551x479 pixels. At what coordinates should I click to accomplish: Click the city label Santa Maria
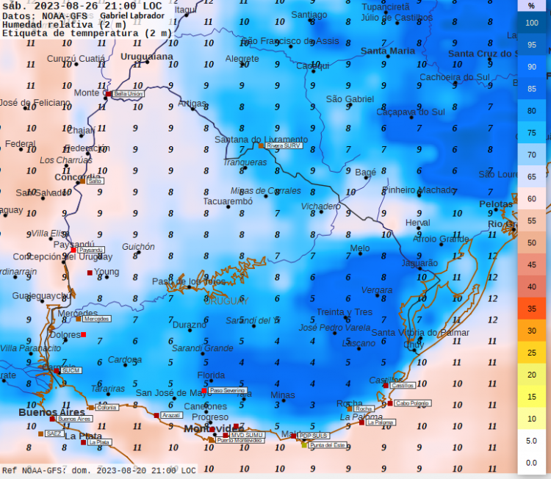(x=387, y=51)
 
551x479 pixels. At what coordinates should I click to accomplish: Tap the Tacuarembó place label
(x=228, y=201)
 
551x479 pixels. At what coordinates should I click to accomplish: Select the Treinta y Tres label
(x=344, y=311)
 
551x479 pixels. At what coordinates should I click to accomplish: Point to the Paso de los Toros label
(x=189, y=281)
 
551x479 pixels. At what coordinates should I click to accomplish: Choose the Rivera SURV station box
(x=284, y=145)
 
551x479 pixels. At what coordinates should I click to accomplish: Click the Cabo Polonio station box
(x=412, y=403)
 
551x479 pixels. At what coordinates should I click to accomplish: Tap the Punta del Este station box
(x=327, y=445)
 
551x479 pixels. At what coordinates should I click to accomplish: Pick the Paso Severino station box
(x=227, y=390)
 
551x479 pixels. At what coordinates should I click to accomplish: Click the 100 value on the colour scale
(x=532, y=23)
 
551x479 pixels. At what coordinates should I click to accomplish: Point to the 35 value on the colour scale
(x=532, y=309)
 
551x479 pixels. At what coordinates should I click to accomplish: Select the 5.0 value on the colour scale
(x=532, y=441)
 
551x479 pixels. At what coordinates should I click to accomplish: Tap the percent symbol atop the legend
(x=532, y=5)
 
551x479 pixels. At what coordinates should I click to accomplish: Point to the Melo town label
(x=359, y=248)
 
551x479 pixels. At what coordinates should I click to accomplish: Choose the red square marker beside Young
(x=90, y=273)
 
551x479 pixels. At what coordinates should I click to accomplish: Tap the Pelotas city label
(x=495, y=204)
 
